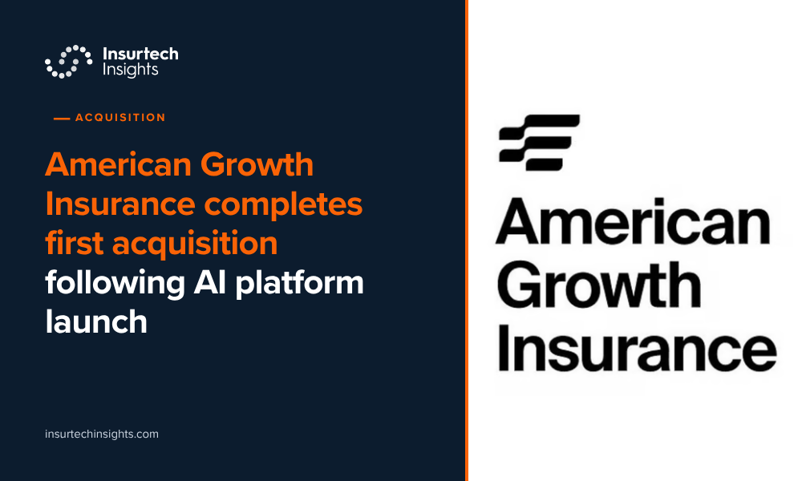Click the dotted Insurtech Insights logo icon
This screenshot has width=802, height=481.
pos(68,62)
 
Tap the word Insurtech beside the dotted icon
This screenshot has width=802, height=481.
pos(140,54)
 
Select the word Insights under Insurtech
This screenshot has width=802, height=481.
pos(131,70)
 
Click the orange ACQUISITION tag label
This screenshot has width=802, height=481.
pos(120,118)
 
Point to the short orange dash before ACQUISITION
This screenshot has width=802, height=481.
pos(62,119)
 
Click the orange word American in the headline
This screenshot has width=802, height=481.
pos(118,164)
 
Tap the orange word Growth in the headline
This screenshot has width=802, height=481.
pos(257,164)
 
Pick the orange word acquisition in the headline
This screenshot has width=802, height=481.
pos(195,244)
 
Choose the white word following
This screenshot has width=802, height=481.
pos(115,283)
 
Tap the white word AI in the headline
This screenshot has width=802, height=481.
pos(209,283)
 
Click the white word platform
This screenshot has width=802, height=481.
pos(299,283)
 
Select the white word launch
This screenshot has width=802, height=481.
pos(96,321)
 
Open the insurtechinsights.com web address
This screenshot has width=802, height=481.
pos(102,434)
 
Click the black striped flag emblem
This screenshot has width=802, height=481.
pos(539,143)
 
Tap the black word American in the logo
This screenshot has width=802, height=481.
pos(634,221)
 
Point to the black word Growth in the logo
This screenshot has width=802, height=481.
pos(599,285)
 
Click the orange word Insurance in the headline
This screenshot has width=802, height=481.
pos(120,204)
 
